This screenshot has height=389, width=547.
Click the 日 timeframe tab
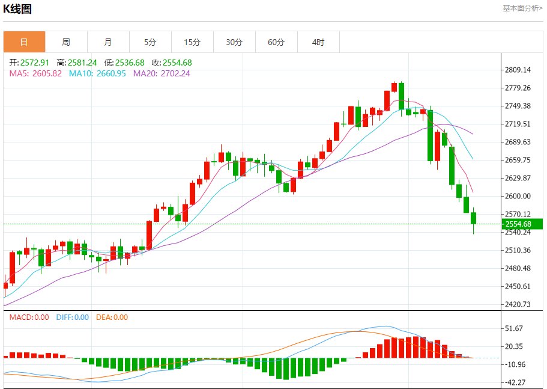24,42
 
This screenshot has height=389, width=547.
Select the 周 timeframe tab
66,42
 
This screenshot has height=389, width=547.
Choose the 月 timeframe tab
108,42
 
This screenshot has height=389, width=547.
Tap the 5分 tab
150,42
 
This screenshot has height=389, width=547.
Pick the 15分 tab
192,42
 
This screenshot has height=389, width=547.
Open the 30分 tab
234,42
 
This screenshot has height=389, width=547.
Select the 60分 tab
276,42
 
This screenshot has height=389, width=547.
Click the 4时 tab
318,42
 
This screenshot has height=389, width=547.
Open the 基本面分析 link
522,8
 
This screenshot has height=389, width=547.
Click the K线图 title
18,9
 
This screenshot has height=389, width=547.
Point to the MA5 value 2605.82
35,73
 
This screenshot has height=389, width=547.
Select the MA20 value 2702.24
162,73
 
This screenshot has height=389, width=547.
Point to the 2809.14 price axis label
518,70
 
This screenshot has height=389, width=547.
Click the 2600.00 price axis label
518,196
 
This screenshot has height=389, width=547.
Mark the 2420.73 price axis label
518,304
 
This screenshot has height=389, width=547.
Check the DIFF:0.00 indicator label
72,317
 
